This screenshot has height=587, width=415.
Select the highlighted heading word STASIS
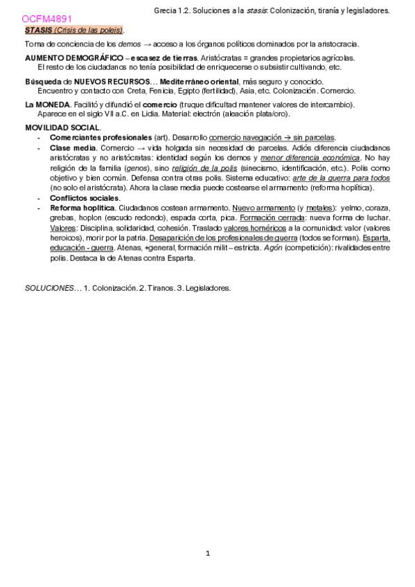point(37,30)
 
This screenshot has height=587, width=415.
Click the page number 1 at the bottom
point(208,552)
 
